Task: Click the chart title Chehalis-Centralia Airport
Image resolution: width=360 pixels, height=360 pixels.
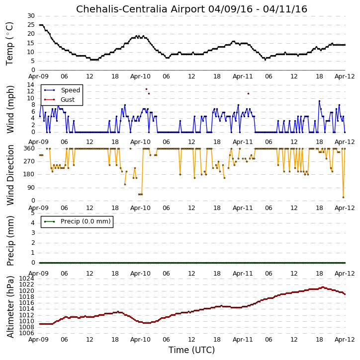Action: click(x=141, y=9)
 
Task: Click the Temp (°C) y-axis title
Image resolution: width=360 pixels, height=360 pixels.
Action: click(x=9, y=44)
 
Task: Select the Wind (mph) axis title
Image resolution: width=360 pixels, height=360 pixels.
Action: click(x=10, y=109)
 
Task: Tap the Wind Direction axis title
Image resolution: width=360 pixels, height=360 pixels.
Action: click(x=10, y=175)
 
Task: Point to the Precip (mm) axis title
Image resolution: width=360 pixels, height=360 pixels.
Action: click(x=10, y=241)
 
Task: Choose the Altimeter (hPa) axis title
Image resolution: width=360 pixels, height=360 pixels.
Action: click(x=10, y=307)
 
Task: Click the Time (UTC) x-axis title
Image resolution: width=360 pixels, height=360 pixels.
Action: click(x=191, y=350)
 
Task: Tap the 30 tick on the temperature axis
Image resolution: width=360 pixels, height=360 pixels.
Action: click(x=31, y=16)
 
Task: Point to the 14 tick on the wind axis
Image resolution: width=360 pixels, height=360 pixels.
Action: click(x=31, y=85)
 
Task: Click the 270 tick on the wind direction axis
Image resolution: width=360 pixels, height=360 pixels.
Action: click(x=29, y=161)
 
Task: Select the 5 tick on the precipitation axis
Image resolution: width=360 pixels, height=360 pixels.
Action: click(x=33, y=213)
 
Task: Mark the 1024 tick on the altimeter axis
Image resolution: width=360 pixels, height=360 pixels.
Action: click(x=26, y=279)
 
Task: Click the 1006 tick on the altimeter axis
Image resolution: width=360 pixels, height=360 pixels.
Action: click(x=26, y=333)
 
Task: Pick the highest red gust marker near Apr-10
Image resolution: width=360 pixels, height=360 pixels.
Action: click(x=146, y=89)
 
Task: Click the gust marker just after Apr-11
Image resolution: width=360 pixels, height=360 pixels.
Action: click(x=248, y=93)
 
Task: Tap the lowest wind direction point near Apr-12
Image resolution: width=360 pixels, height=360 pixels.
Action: click(x=343, y=198)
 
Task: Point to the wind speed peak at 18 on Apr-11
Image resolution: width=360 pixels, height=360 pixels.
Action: click(x=319, y=101)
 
